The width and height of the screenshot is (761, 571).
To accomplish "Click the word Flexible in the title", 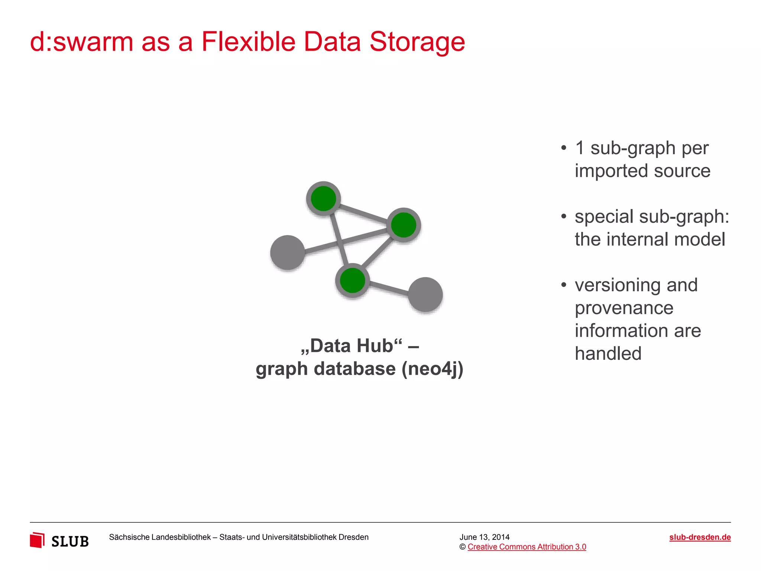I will point(248,42).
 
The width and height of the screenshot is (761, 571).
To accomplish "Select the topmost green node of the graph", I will point(324,199).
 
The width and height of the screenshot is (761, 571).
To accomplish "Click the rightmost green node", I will point(404,225).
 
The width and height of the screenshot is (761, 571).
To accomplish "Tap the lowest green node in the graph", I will point(352,281).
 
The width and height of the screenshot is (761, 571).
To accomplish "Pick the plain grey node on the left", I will point(288,252).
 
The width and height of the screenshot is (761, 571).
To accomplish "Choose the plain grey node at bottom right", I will point(425,294).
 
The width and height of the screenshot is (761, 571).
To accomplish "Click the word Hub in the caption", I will point(379,346).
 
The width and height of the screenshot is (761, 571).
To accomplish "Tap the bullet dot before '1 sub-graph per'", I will point(564,148).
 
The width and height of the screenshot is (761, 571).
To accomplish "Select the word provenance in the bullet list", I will point(624,308).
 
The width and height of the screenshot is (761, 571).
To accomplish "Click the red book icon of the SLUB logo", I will point(37,540).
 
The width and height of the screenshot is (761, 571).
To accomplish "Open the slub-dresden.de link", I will point(700,537).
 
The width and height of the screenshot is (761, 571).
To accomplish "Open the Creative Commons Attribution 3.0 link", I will point(527,547).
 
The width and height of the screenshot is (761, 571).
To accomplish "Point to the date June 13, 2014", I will point(484,537).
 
